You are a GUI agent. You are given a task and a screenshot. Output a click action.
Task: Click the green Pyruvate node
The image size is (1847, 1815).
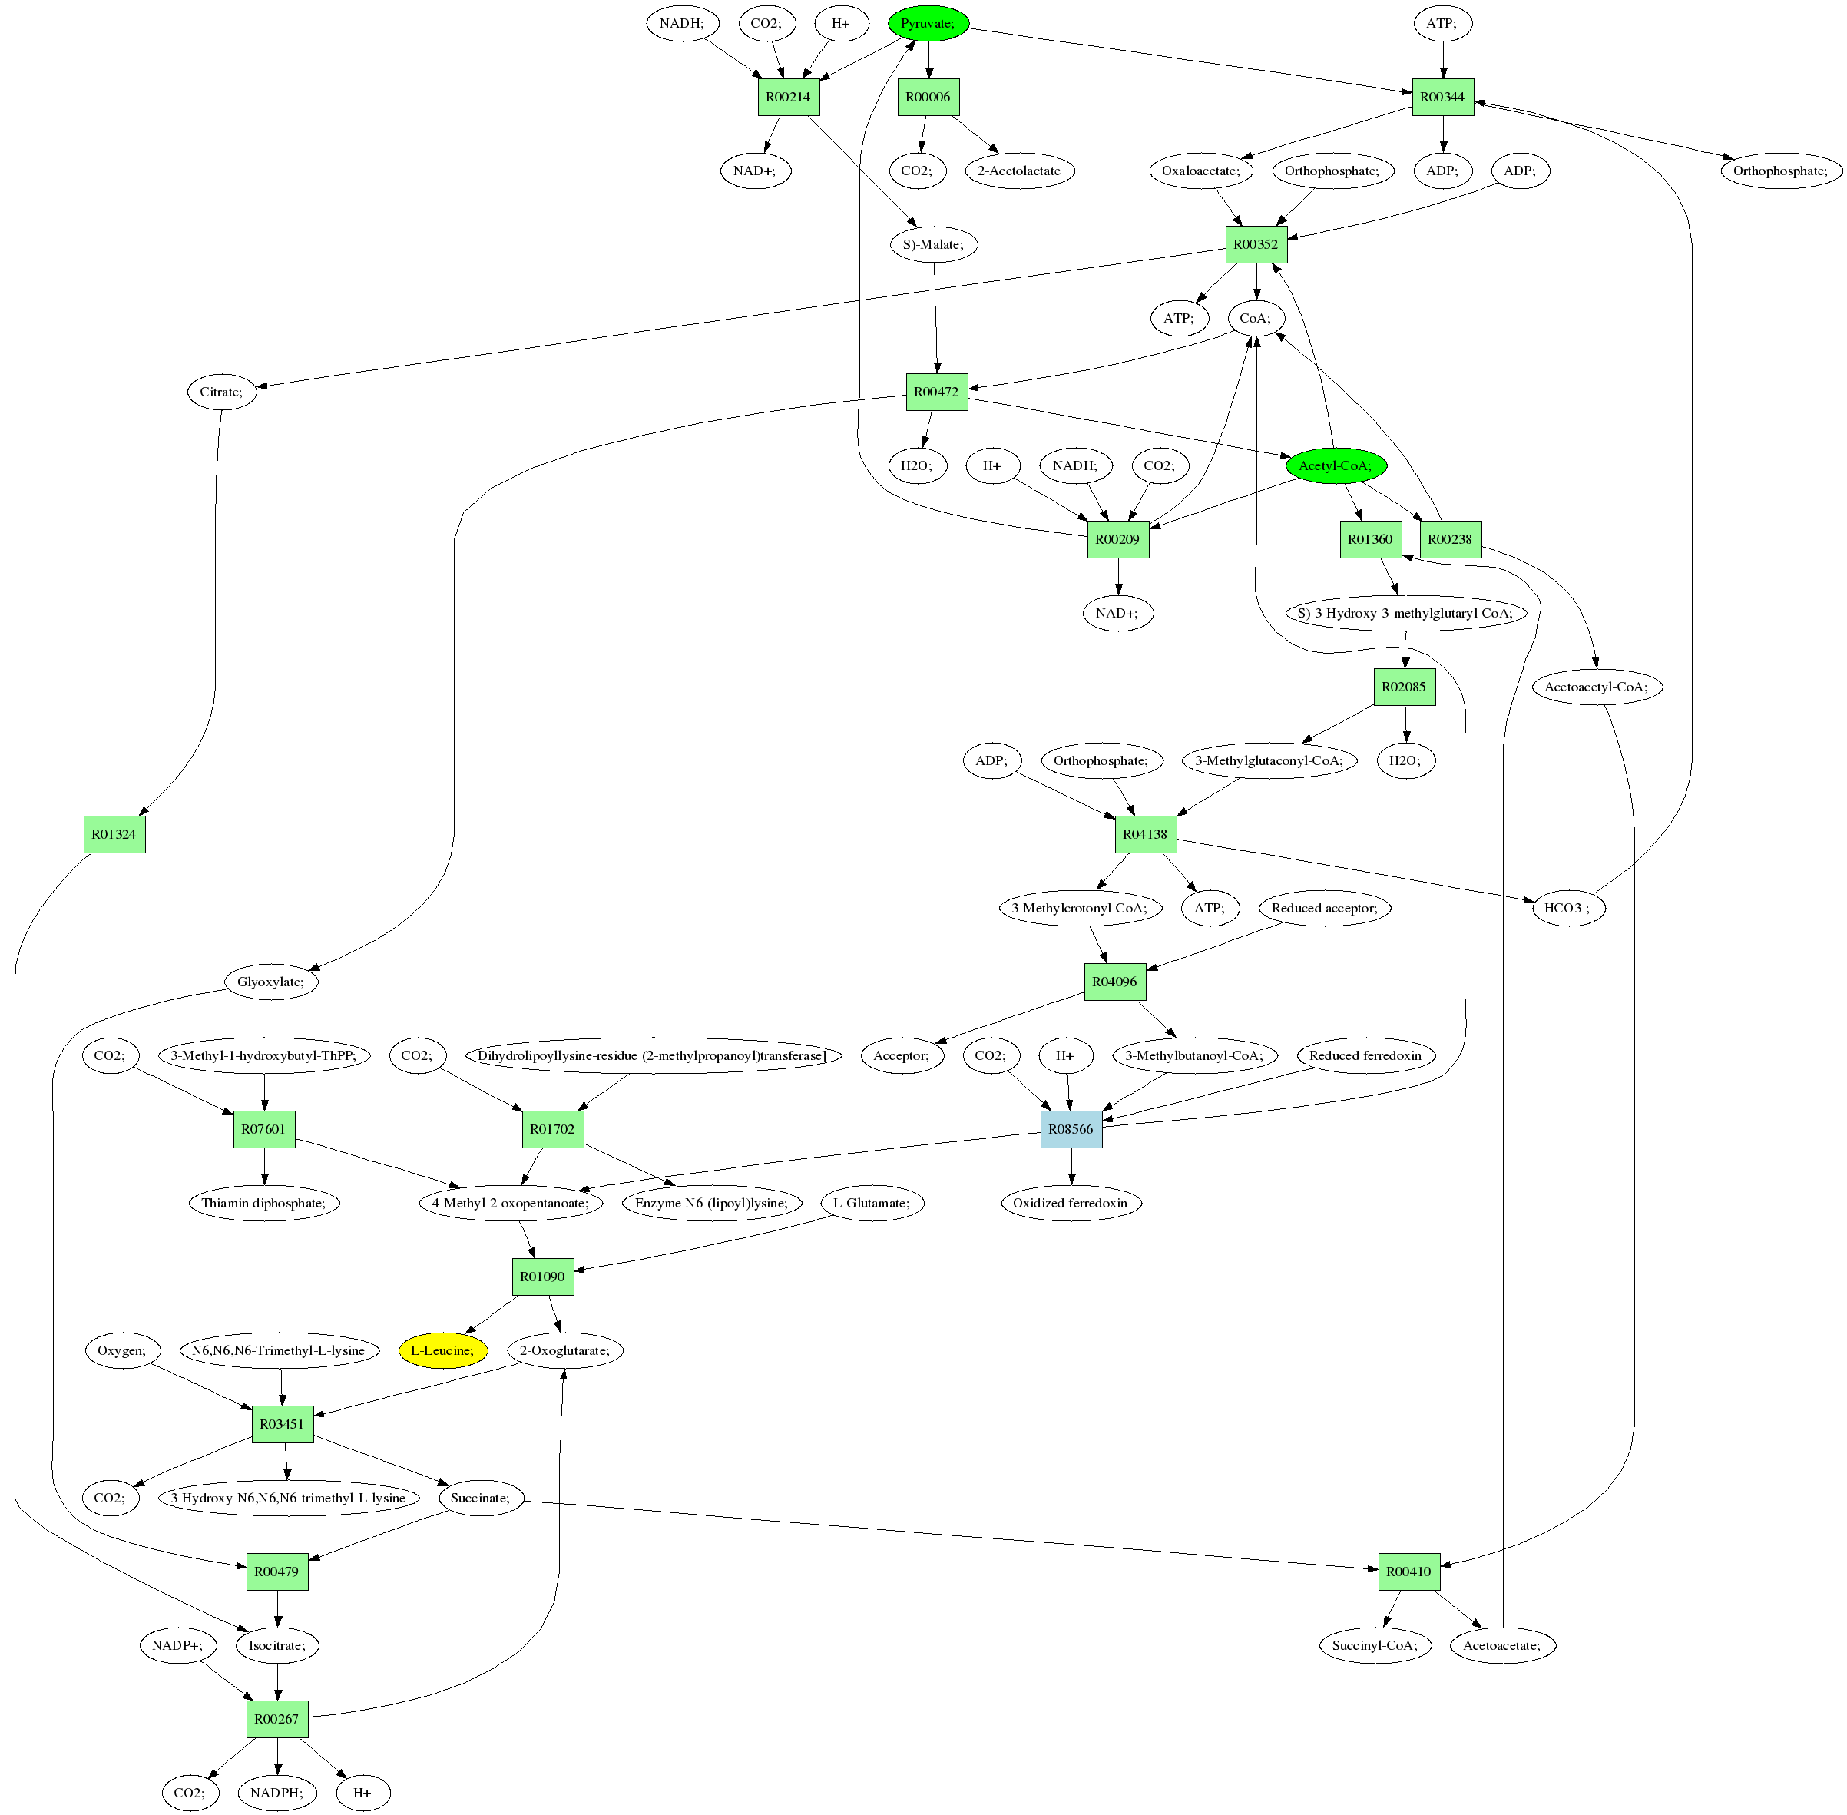pos(928,23)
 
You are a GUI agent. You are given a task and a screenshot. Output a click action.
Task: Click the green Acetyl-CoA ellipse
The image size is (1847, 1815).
pos(1336,465)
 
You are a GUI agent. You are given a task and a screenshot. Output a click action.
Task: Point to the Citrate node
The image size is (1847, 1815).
pos(221,392)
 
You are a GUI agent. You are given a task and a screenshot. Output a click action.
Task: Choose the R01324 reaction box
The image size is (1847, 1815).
pos(114,834)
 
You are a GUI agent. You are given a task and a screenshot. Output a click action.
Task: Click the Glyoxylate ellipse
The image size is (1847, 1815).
pos(270,982)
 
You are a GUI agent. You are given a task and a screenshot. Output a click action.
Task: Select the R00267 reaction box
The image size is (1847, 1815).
pos(277,1720)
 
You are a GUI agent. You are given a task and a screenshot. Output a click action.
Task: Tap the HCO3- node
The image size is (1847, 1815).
pos(1567,909)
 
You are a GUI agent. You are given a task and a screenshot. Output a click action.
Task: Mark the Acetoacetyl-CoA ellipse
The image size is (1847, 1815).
pos(1597,687)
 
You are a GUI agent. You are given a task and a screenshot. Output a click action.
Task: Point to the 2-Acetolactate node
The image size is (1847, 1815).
pos(1019,171)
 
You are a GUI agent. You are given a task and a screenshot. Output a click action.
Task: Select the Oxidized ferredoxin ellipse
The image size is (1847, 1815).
pos(1071,1203)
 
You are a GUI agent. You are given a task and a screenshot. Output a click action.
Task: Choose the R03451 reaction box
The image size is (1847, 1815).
pos(282,1424)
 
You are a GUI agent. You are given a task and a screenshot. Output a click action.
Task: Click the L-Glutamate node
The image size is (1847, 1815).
pos(872,1203)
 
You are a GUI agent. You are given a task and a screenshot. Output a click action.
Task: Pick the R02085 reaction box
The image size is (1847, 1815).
pos(1404,687)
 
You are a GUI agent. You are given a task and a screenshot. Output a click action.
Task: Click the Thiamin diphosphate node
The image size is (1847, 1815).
pos(263,1203)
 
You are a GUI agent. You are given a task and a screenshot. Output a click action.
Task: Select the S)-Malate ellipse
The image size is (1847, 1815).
pos(934,245)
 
